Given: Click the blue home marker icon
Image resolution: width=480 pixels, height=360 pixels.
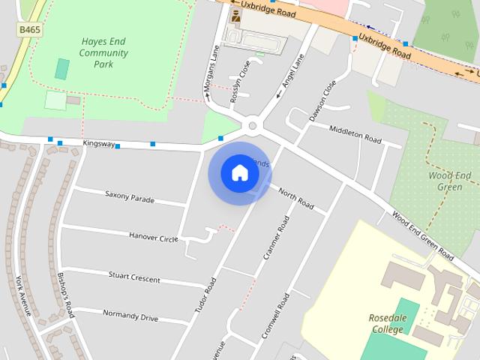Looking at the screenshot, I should point(239,173).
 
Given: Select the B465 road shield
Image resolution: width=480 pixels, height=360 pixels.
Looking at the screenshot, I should point(29,29).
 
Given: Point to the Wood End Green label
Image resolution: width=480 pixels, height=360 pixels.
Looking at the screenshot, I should point(450,181).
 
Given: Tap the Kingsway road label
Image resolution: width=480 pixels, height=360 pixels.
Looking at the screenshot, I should point(99,142).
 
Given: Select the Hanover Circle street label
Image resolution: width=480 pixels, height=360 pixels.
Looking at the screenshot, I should point(153,236).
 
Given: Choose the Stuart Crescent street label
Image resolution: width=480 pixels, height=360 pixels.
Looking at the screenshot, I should point(134,277).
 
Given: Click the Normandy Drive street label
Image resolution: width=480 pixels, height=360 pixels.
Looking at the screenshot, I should point(130,316).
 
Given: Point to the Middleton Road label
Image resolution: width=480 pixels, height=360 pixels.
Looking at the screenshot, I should point(355,133).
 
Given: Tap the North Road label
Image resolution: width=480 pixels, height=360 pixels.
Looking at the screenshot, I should point(295,199).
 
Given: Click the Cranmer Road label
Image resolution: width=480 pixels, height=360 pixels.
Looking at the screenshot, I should point(276,238).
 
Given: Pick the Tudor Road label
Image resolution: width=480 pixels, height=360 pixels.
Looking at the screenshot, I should point(204,295).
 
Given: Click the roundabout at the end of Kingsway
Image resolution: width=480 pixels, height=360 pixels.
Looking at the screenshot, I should point(253,125).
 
